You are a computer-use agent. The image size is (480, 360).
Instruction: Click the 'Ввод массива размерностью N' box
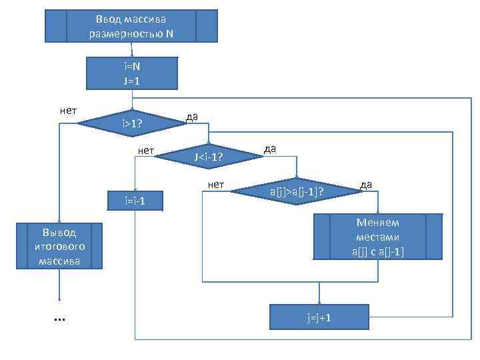coord(131,26)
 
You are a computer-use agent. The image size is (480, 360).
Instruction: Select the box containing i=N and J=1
coord(132,73)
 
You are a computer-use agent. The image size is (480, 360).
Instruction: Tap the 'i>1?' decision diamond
coord(131,123)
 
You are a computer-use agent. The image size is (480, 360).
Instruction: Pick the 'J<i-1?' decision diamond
coord(207,158)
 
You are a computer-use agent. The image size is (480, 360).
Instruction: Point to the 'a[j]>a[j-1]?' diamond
coord(297,193)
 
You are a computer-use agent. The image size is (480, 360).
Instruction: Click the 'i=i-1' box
coord(135,200)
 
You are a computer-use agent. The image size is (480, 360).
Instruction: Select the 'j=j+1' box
coord(319,317)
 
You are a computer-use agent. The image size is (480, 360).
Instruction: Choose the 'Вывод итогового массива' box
coord(59,247)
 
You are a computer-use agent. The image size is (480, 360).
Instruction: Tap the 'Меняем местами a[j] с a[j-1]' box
coord(377,237)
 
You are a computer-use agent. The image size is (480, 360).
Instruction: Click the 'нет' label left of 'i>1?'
coord(68,111)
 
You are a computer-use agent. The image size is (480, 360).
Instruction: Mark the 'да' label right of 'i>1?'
coord(191,117)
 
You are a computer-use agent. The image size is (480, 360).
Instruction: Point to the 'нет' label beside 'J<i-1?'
coord(146,151)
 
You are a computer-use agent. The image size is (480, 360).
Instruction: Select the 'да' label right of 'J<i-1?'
coord(270,149)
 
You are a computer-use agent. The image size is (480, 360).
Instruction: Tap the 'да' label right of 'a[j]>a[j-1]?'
coord(366,184)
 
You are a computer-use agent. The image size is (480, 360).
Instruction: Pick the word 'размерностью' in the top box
coord(131,33)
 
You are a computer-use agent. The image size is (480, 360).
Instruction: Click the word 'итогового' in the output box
coord(59,247)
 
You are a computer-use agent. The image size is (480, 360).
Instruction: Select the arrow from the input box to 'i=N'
coord(131,49)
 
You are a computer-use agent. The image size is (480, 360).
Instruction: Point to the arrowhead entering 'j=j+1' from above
coord(319,301)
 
